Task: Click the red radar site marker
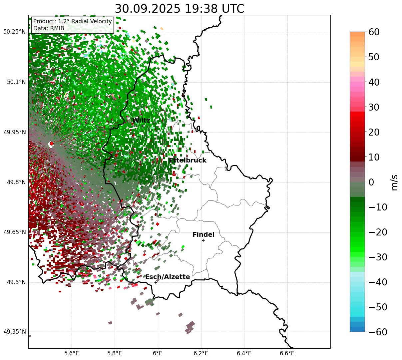click(x=51, y=144)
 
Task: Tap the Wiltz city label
click(x=141, y=121)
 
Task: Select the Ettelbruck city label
click(x=187, y=161)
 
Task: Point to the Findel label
click(x=203, y=235)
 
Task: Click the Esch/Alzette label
click(x=168, y=277)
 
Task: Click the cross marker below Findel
click(x=203, y=240)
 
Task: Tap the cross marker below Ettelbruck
click(x=180, y=166)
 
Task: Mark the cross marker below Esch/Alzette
click(x=156, y=282)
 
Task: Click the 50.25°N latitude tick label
click(x=14, y=32)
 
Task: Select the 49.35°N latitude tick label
click(x=14, y=332)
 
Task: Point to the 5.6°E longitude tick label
click(x=72, y=353)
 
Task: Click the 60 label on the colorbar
click(x=375, y=32)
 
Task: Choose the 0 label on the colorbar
click(x=371, y=182)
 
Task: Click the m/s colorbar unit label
click(x=395, y=182)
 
